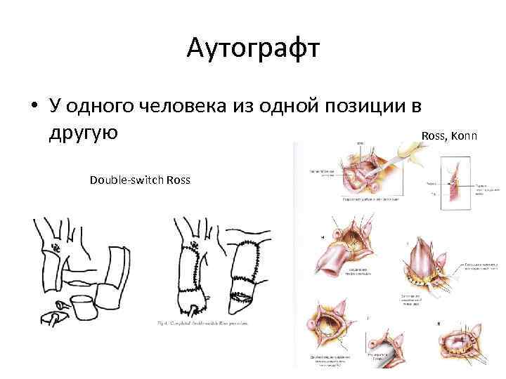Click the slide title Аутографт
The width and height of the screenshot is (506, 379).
click(x=253, y=49)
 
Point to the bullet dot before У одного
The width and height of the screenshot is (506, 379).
click(x=34, y=107)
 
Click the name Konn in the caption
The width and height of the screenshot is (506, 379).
click(x=463, y=135)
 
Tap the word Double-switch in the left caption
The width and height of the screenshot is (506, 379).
click(x=126, y=180)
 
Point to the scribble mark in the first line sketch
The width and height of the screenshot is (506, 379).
click(x=56, y=248)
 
